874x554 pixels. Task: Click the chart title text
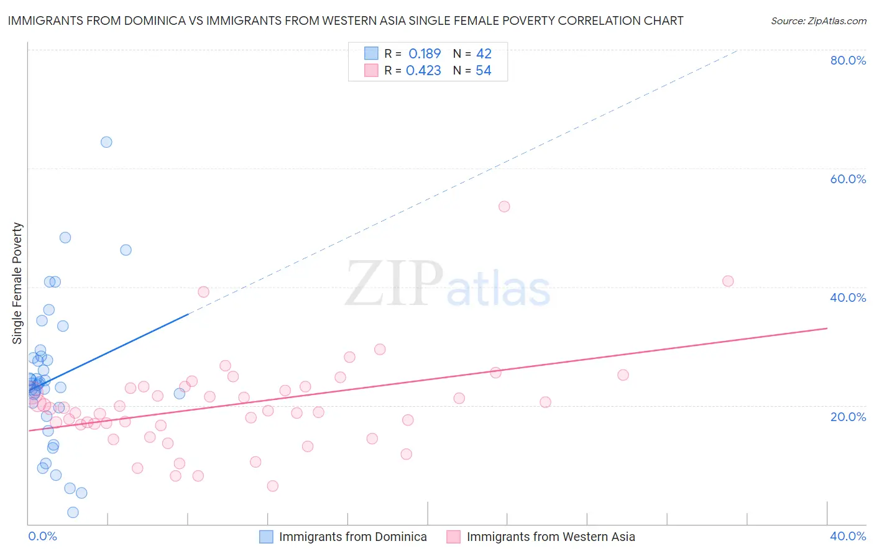[x=346, y=20]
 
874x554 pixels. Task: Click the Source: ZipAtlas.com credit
[x=818, y=20]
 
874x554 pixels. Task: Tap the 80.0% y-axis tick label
[x=848, y=60]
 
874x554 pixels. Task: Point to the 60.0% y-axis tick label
[x=848, y=179]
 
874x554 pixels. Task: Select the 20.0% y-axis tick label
[x=848, y=416]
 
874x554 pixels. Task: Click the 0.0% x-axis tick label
[x=42, y=536]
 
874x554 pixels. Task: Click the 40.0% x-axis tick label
[x=848, y=536]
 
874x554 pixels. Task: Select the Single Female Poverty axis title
[x=17, y=283]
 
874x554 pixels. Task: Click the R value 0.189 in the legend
[x=425, y=53]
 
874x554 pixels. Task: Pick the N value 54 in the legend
[x=484, y=71]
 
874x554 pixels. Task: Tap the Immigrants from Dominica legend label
[x=352, y=537]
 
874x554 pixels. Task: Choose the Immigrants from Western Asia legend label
[x=551, y=537]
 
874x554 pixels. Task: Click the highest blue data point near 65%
[x=106, y=142]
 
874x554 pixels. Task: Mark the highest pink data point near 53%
[x=504, y=206]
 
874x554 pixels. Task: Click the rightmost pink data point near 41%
[x=728, y=281]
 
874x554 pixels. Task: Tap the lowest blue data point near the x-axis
[x=73, y=512]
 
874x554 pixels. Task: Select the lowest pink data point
[x=272, y=486]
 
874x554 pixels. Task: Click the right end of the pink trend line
[x=827, y=328]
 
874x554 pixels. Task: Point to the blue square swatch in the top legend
[x=371, y=53]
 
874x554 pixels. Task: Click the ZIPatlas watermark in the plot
[x=448, y=284]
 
